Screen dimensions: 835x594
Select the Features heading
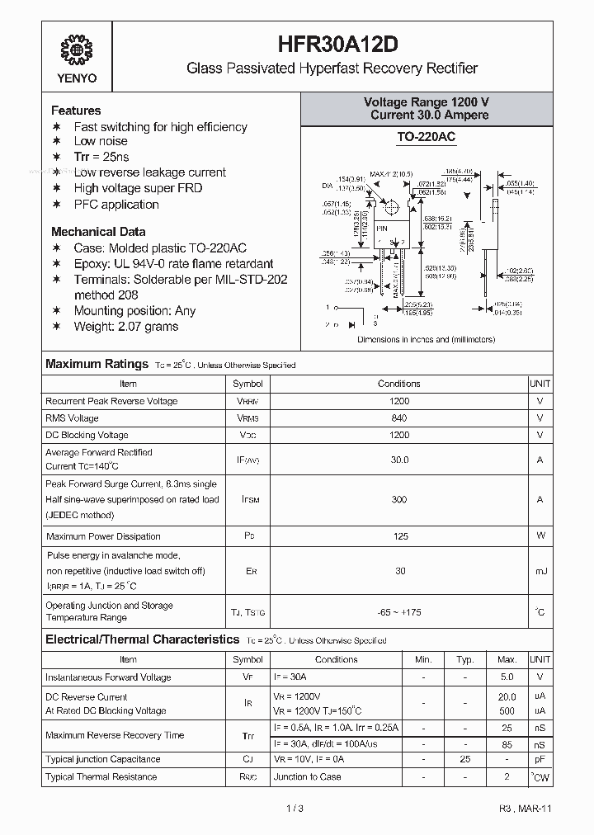[76, 111]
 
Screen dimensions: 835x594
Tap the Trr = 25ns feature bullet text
[101, 157]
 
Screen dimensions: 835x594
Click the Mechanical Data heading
[98, 232]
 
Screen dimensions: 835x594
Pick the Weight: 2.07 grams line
[125, 327]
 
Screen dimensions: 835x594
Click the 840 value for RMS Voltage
[398, 418]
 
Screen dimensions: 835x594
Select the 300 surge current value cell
[398, 499]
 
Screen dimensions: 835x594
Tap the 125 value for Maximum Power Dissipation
[398, 536]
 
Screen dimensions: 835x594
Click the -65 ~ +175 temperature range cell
[398, 611]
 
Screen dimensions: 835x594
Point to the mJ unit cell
[540, 571]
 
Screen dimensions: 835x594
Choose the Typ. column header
[465, 659]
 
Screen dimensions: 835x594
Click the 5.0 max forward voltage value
[507, 677]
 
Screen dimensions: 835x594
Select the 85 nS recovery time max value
[507, 744]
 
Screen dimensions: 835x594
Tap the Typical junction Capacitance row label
[103, 759]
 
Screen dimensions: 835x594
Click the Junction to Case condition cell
[307, 776]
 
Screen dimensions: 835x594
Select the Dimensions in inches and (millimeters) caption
[426, 339]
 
